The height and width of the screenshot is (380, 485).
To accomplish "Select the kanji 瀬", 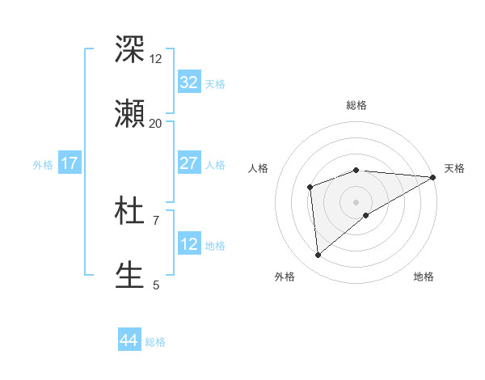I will pyautogui.click(x=130, y=113).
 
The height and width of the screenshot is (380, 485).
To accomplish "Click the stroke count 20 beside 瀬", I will pyautogui.click(x=155, y=123).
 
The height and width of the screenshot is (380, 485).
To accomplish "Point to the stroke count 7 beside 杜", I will pyautogui.click(x=155, y=220).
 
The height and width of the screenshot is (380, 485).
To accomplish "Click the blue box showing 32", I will pyautogui.click(x=188, y=82).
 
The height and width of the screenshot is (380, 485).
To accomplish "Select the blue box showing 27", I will pyautogui.click(x=188, y=163).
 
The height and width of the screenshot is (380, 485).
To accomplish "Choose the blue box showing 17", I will pyautogui.click(x=70, y=163).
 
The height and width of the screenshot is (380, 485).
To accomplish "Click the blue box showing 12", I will pyautogui.click(x=188, y=244).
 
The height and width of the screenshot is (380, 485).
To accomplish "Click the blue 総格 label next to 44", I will pyautogui.click(x=155, y=342).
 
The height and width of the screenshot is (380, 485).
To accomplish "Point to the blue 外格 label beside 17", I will pyautogui.click(x=43, y=165).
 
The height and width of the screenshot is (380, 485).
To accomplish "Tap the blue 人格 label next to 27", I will pyautogui.click(x=215, y=165).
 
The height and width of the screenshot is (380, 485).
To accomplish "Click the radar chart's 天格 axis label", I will pyautogui.click(x=454, y=168).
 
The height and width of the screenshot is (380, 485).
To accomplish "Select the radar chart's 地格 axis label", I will pyautogui.click(x=424, y=277).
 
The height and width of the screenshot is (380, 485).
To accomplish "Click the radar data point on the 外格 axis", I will pyautogui.click(x=318, y=255).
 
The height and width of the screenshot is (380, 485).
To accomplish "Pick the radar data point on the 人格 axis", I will pyautogui.click(x=310, y=188).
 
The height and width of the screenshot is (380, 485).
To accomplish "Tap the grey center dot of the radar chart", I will pyautogui.click(x=356, y=201).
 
